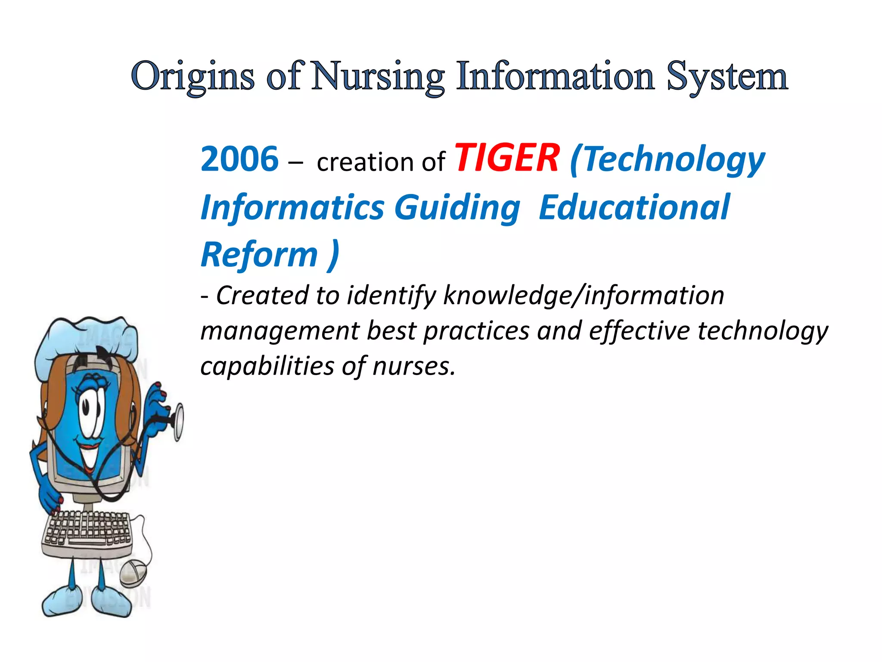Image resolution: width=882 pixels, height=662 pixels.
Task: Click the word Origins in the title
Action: click(x=192, y=77)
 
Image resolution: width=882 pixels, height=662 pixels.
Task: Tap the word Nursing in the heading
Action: click(x=377, y=77)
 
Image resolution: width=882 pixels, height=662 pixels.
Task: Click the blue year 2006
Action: click(x=239, y=159)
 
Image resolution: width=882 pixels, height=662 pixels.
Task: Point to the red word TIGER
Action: click(x=507, y=158)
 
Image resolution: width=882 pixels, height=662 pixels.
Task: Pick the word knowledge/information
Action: click(x=583, y=296)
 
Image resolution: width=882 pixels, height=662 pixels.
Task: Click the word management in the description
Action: click(x=280, y=331)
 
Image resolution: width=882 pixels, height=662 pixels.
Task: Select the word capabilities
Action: click(x=267, y=366)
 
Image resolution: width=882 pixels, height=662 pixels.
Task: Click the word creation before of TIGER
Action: click(x=366, y=162)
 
